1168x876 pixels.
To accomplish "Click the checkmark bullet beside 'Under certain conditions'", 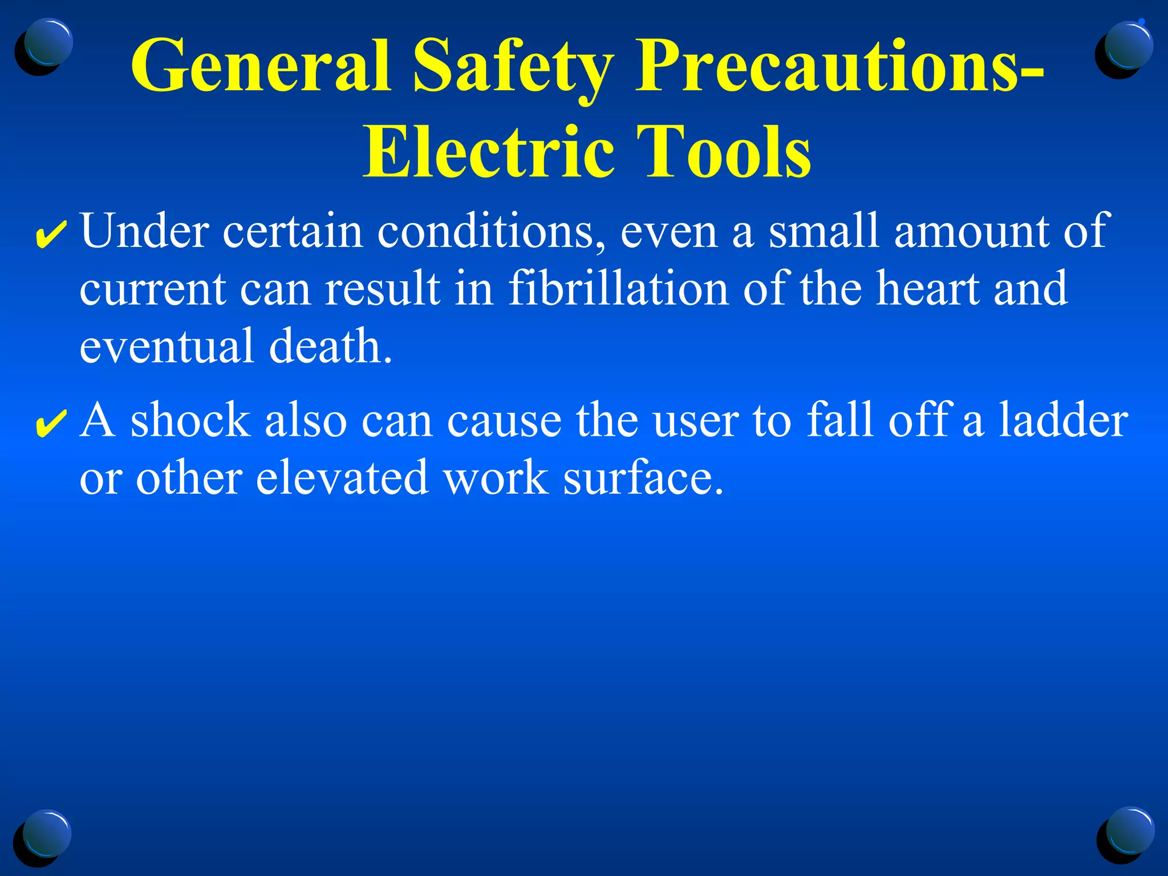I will click(51, 235).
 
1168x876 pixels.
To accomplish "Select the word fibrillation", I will click(618, 288).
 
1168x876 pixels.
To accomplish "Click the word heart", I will click(927, 288).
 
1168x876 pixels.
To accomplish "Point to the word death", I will click(331, 346).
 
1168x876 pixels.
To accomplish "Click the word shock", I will click(190, 420).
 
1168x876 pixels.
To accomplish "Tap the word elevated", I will click(342, 478).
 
